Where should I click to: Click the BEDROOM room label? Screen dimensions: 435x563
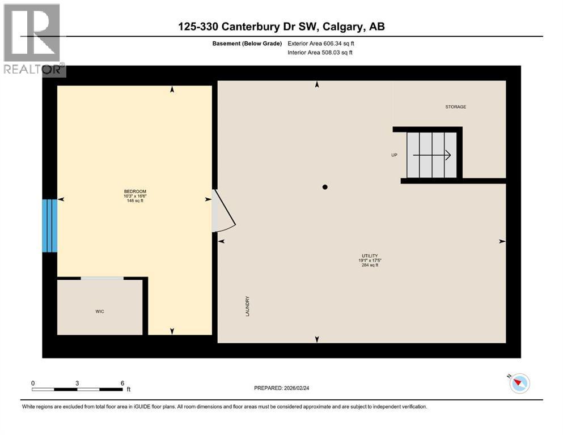point(135,191)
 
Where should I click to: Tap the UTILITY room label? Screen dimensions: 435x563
point(370,256)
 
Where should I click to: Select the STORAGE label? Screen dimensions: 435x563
point(455,106)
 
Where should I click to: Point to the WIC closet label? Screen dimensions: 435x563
point(100,312)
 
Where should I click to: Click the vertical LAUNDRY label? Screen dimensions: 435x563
point(248,306)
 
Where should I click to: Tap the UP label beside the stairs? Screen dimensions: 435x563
point(394,155)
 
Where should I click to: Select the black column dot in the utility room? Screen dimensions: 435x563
point(325,187)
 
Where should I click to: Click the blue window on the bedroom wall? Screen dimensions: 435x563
point(50,225)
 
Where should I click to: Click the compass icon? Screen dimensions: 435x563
point(519,383)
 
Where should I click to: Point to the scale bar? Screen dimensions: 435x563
point(77,390)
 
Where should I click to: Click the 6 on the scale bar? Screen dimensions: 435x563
point(122,383)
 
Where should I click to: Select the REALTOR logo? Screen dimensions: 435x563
point(33,40)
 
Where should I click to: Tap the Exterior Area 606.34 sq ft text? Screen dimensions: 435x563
point(321,43)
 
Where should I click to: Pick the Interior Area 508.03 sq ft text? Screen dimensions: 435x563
point(320,53)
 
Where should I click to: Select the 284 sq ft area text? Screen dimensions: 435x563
point(370,265)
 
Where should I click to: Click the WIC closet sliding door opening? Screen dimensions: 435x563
point(102,278)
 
